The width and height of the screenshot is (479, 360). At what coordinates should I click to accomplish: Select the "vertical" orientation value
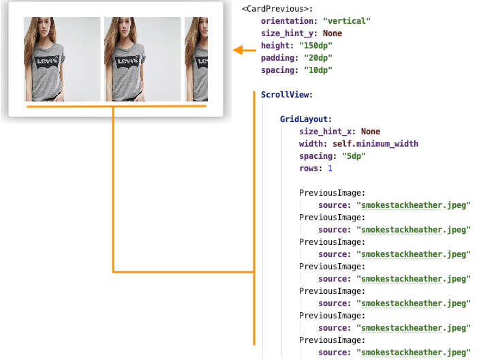(347, 21)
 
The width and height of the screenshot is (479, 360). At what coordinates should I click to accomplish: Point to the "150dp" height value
(315, 46)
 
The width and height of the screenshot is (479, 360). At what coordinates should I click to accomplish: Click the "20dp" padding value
(318, 58)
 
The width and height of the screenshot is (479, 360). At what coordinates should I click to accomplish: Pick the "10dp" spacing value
(318, 70)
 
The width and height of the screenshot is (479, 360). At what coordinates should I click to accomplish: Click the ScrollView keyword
(285, 95)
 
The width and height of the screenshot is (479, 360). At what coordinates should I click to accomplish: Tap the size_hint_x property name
(325, 132)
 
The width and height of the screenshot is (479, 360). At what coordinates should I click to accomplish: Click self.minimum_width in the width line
(375, 144)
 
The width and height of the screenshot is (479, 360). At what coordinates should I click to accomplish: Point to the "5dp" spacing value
(354, 156)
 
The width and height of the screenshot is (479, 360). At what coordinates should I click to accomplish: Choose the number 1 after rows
(330, 168)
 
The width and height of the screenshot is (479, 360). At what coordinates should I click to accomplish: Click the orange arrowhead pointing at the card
(238, 50)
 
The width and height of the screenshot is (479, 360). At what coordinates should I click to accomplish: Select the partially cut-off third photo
(196, 59)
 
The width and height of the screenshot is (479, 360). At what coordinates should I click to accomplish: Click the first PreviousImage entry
(332, 193)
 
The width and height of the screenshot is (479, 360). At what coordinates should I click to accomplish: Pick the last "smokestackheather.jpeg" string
(414, 352)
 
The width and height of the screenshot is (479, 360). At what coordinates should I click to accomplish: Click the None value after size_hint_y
(333, 33)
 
